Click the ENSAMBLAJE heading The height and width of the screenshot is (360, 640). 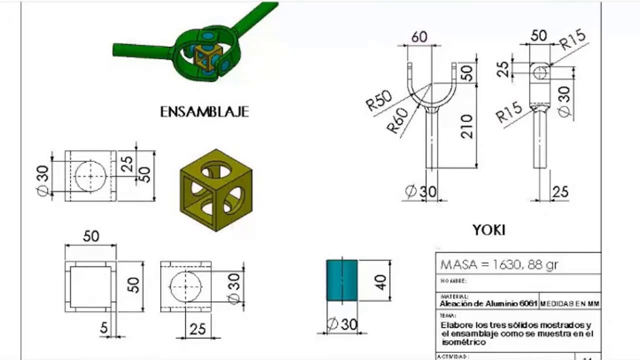[x=204, y=111]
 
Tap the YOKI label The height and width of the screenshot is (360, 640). [x=488, y=230]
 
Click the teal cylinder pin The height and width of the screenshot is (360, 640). [x=342, y=280]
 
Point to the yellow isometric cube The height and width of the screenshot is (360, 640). [x=216, y=190]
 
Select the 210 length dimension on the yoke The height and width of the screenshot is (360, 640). [x=466, y=126]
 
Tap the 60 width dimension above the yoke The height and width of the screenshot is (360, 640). [x=419, y=37]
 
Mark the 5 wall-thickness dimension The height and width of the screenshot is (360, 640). [x=103, y=328]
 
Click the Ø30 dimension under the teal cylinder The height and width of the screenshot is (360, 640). [x=342, y=324]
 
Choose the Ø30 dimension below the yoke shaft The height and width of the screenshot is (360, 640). [x=420, y=191]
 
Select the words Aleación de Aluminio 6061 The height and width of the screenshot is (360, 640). [x=488, y=303]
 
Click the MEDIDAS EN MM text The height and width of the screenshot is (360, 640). [x=569, y=304]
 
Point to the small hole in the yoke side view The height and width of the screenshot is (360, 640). [x=539, y=73]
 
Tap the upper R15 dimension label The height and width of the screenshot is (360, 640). [x=572, y=39]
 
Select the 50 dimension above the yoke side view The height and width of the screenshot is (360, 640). [x=538, y=35]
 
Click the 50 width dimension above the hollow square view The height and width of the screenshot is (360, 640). [x=90, y=236]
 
